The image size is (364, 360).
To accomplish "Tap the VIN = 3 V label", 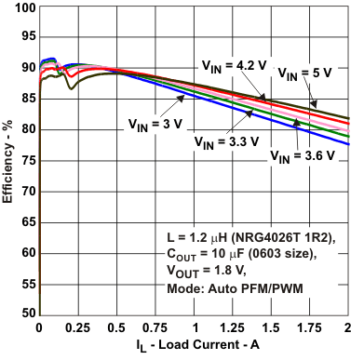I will tap(155, 122).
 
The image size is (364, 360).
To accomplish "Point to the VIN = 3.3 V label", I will tap(224, 142).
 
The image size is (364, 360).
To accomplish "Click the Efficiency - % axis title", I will tap(8, 160).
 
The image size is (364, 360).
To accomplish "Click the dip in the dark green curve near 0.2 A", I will tap(70, 88).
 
